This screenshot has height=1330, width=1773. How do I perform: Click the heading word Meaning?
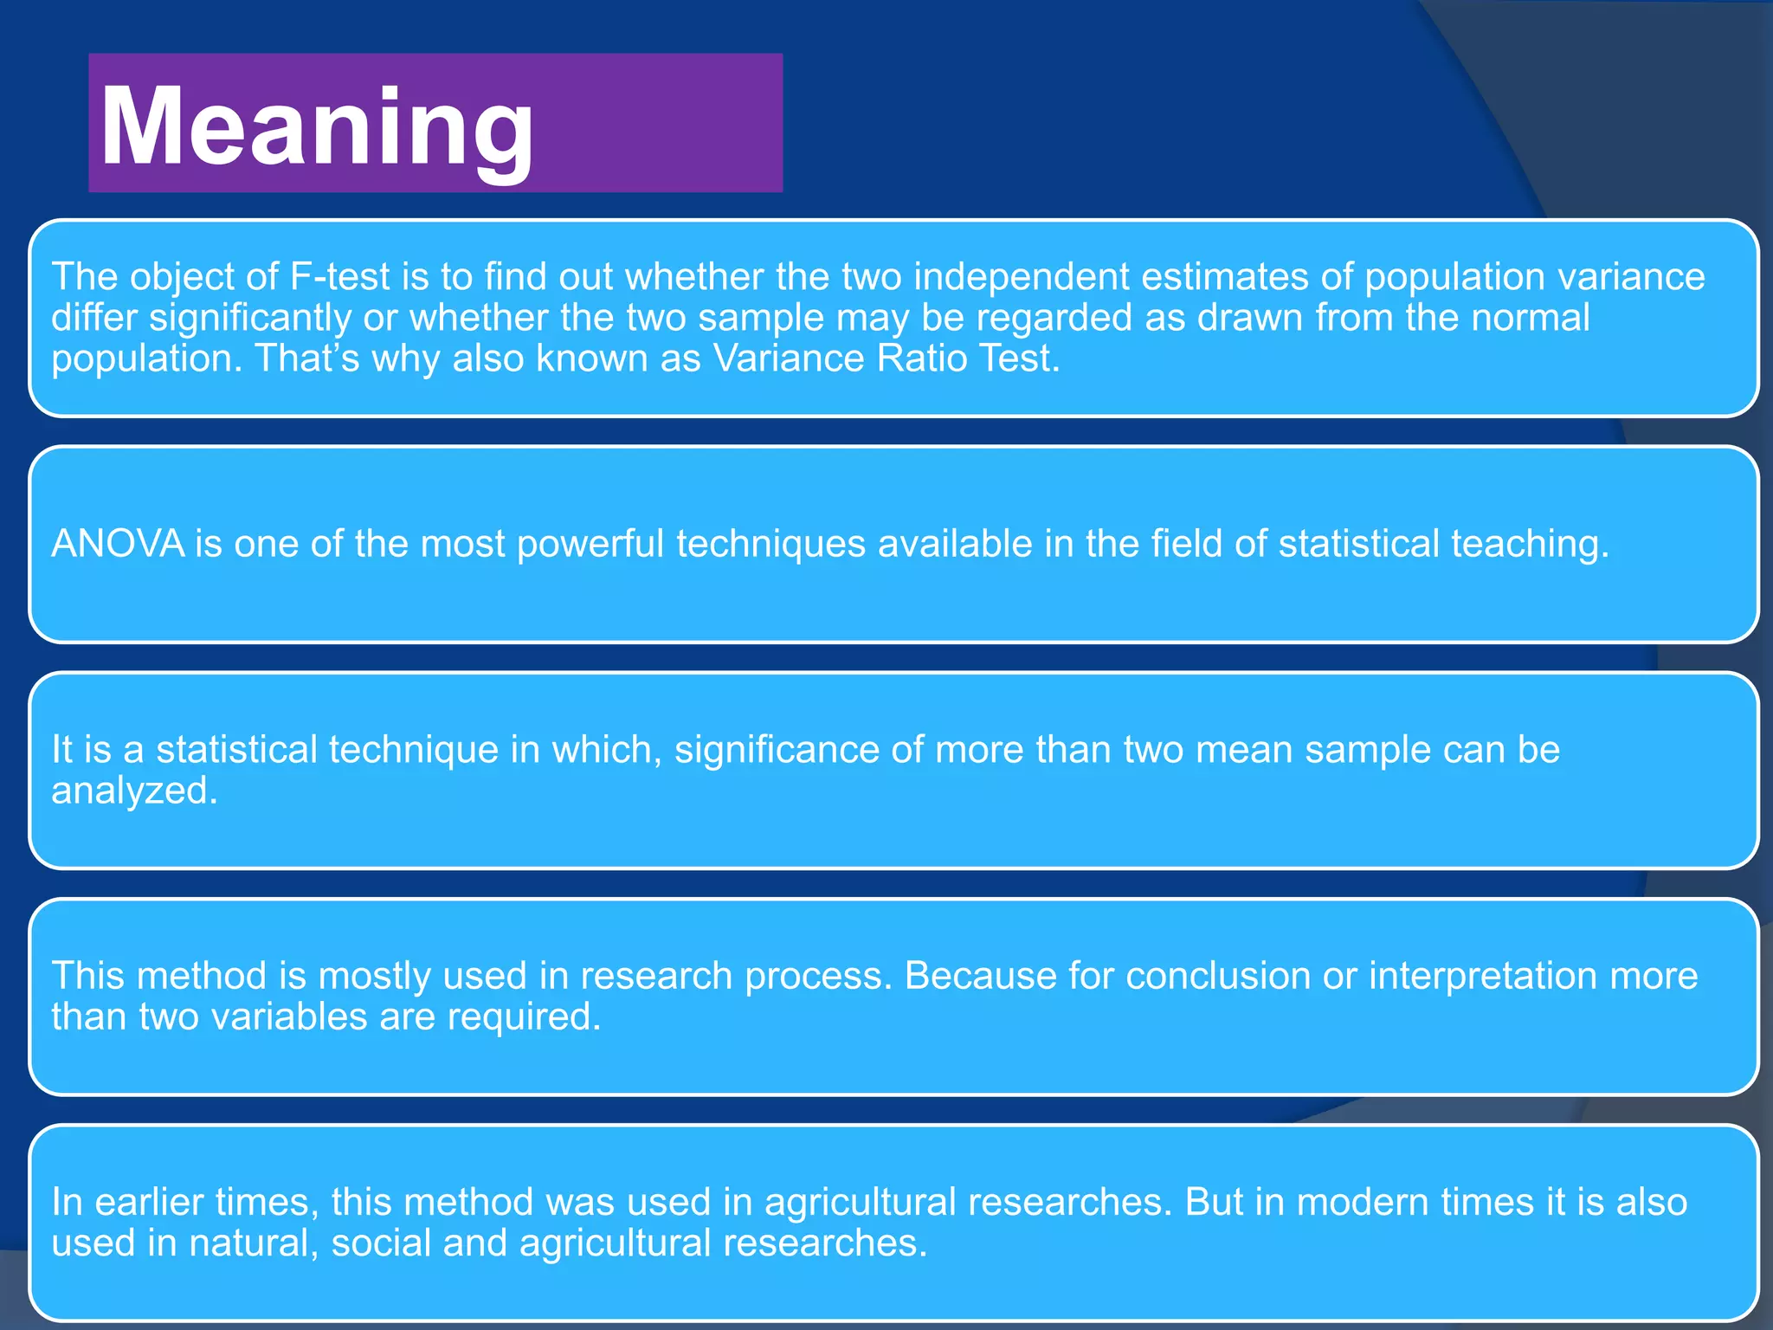coord(317,128)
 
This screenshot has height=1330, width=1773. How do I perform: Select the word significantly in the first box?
coord(250,318)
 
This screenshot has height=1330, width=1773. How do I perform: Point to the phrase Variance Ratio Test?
coord(886,358)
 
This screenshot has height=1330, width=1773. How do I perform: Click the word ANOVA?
coord(119,544)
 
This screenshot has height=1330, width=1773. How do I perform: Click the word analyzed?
coord(134,791)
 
